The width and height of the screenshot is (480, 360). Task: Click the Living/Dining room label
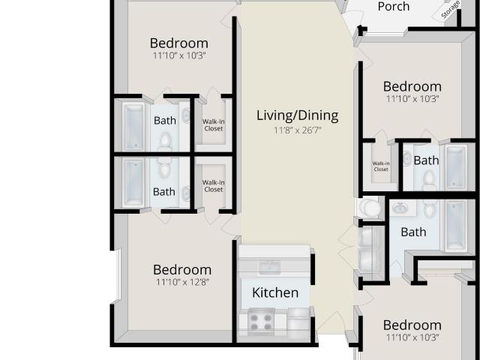(297, 115)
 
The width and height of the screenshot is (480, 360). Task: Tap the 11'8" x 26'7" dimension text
(297, 130)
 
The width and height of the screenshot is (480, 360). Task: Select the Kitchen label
(275, 292)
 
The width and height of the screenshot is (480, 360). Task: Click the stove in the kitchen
(261, 322)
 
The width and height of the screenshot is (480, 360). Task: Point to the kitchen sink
(269, 268)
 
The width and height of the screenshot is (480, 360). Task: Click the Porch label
(393, 7)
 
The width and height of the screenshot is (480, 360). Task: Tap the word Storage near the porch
(450, 10)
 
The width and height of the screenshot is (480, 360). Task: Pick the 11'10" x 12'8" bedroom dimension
(182, 282)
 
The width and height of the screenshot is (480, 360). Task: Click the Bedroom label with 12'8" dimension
(182, 270)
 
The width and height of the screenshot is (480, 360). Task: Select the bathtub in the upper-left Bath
(133, 127)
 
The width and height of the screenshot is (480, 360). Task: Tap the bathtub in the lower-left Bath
(133, 183)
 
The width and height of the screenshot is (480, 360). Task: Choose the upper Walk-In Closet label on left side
(213, 125)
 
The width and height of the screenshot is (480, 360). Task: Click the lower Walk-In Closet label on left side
(213, 186)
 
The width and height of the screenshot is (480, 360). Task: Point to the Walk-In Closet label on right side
(381, 166)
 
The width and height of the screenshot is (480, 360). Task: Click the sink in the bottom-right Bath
(400, 208)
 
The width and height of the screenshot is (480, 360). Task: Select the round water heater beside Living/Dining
(370, 208)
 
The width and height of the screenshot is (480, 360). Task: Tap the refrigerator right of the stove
(298, 321)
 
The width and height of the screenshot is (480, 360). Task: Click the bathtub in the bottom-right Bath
(456, 225)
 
